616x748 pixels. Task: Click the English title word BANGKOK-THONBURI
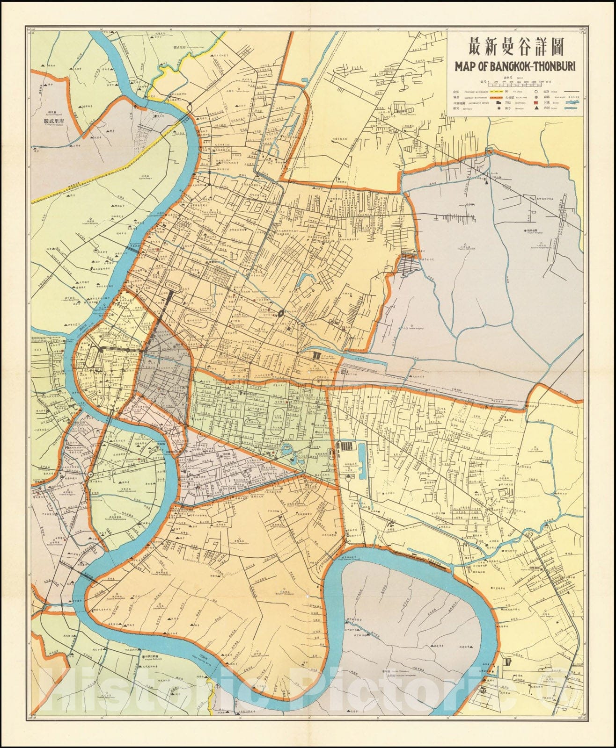pyautogui.click(x=534, y=65)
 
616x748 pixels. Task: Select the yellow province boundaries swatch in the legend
pyautogui.click(x=496, y=92)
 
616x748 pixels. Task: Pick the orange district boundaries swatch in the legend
pyautogui.click(x=496, y=97)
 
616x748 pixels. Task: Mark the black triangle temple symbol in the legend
pyautogui.click(x=536, y=108)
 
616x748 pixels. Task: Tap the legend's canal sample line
pyautogui.click(x=571, y=108)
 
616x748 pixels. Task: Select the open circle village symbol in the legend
pyautogui.click(x=536, y=92)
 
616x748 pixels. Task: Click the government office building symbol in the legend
pyautogui.click(x=499, y=103)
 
